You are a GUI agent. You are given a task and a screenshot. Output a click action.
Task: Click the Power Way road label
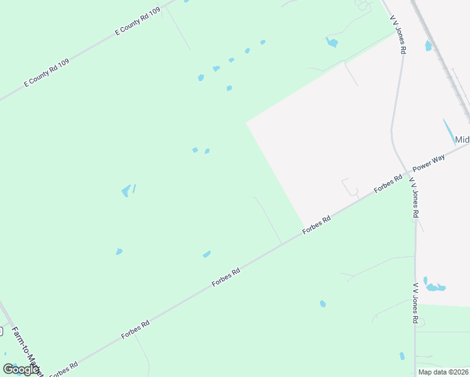click(429, 163)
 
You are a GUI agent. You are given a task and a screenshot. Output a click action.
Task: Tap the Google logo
click(21, 369)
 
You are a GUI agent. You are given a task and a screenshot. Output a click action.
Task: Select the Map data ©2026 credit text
click(444, 372)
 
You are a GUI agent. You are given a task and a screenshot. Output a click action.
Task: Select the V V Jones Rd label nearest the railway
click(398, 35)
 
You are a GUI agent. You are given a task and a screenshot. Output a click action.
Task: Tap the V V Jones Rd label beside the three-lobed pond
click(415, 303)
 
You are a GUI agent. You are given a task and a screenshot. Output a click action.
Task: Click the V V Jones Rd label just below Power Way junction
click(414, 197)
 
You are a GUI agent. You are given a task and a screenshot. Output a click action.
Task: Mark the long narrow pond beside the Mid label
click(450, 131)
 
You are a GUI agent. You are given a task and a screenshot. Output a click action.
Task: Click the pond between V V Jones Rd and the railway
click(429, 45)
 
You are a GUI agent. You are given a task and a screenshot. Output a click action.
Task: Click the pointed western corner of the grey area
click(247, 123)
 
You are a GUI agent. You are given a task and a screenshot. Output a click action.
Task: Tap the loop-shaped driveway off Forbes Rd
click(350, 188)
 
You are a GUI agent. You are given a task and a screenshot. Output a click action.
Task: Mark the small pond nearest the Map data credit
click(402, 356)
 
